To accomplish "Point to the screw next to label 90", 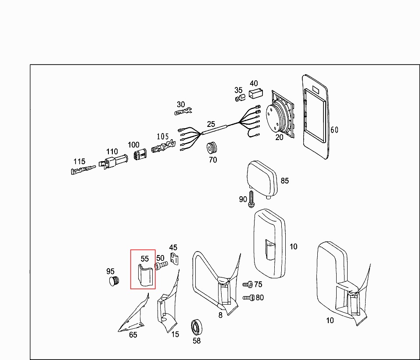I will point(251,199).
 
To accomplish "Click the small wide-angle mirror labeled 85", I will point(262,179).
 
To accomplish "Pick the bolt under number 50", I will point(160,266).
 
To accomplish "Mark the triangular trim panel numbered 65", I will point(133,316).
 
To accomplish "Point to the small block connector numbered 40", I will point(255,94).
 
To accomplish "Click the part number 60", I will point(334,130).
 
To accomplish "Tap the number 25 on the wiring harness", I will point(211,125).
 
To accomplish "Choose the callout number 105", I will point(162,137).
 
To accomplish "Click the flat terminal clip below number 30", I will point(184,112).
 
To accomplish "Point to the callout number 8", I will point(220,315).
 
